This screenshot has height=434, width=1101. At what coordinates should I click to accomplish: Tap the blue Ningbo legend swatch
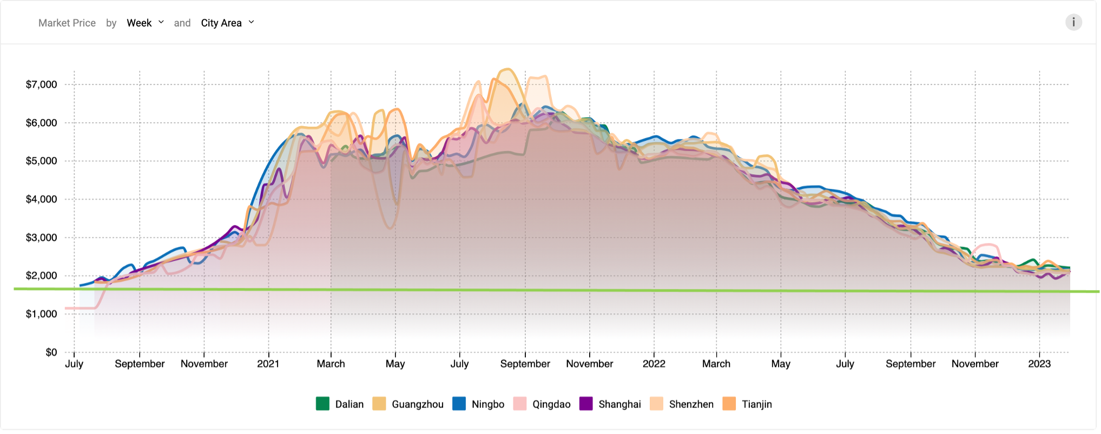(459, 404)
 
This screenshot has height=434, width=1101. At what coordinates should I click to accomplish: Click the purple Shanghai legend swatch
(586, 404)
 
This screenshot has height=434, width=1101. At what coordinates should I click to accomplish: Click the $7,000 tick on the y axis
(41, 84)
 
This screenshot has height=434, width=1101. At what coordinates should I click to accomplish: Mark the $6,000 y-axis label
(41, 123)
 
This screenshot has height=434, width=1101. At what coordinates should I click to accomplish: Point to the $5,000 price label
(41, 161)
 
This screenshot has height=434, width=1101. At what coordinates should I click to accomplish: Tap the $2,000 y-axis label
(41, 275)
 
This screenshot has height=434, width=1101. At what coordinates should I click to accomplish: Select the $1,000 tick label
(41, 314)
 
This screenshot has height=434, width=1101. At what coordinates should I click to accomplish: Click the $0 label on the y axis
(51, 352)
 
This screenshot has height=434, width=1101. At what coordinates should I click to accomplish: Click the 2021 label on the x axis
(268, 364)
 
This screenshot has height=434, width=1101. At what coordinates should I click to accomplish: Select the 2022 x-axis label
(654, 364)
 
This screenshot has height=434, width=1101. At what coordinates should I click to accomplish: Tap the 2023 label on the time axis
(1039, 364)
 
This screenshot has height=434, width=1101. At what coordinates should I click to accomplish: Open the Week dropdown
(145, 23)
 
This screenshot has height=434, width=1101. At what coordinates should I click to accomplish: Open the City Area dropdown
(227, 23)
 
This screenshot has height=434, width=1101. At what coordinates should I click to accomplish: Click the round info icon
(1073, 22)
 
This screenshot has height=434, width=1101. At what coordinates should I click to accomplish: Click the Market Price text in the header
(67, 23)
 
